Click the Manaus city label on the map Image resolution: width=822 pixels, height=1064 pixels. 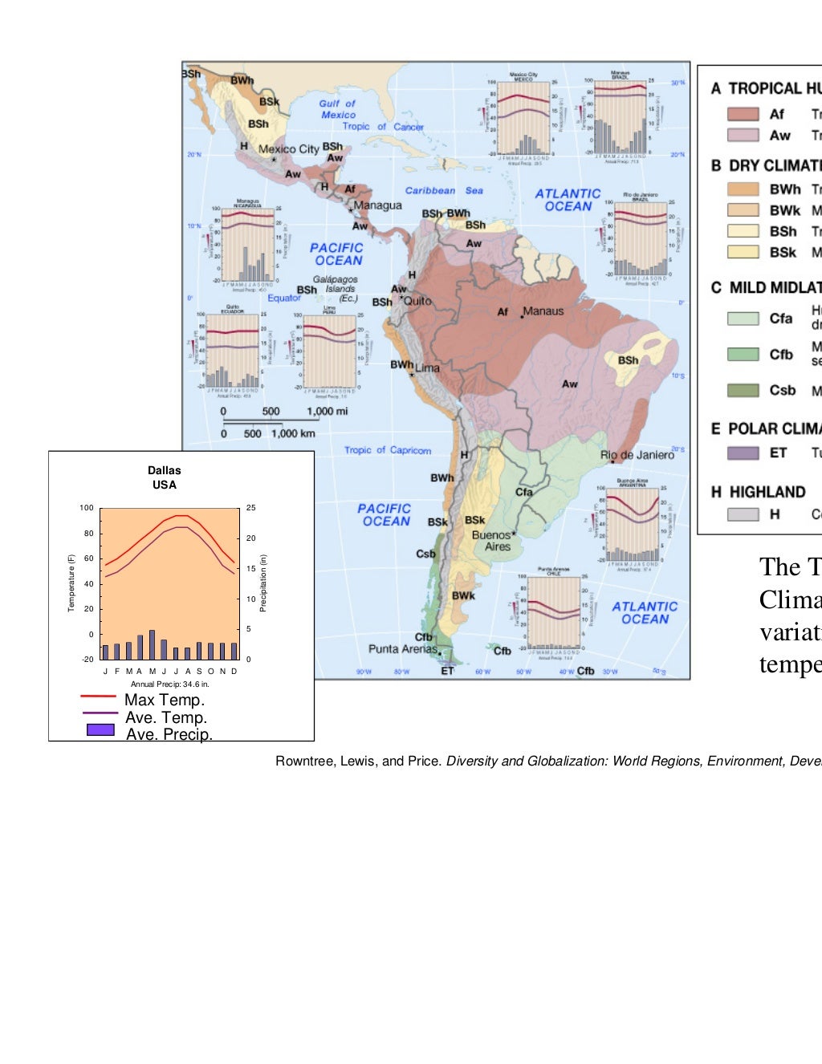pyautogui.click(x=543, y=311)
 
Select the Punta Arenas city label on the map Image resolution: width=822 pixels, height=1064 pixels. pyautogui.click(x=403, y=648)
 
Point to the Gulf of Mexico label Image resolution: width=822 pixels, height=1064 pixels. pyautogui.click(x=337, y=109)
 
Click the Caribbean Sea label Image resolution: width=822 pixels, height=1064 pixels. pyautogui.click(x=443, y=191)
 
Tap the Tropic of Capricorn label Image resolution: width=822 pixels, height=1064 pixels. pyautogui.click(x=388, y=450)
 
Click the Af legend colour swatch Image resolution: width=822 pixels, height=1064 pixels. pyautogui.click(x=743, y=114)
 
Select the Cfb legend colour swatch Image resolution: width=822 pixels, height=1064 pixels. pyautogui.click(x=743, y=354)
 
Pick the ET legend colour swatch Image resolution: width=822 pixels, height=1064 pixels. pyautogui.click(x=743, y=453)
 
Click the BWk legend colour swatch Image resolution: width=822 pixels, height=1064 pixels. pyautogui.click(x=743, y=210)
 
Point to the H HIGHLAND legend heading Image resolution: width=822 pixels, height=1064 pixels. pyautogui.click(x=759, y=492)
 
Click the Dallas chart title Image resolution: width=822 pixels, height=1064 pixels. pyautogui.click(x=164, y=477)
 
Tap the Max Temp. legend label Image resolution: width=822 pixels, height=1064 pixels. pyautogui.click(x=165, y=700)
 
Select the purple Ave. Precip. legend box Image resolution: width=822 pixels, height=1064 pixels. pyautogui.click(x=100, y=730)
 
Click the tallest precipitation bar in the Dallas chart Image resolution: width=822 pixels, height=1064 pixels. pyautogui.click(x=152, y=644)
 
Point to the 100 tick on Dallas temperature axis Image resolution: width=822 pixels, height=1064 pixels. pyautogui.click(x=87, y=508)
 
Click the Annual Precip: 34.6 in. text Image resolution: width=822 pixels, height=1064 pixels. pyautogui.click(x=170, y=684)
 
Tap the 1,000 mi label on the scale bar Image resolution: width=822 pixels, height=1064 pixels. pyautogui.click(x=327, y=412)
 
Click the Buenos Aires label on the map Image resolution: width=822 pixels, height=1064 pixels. pyautogui.click(x=491, y=540)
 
